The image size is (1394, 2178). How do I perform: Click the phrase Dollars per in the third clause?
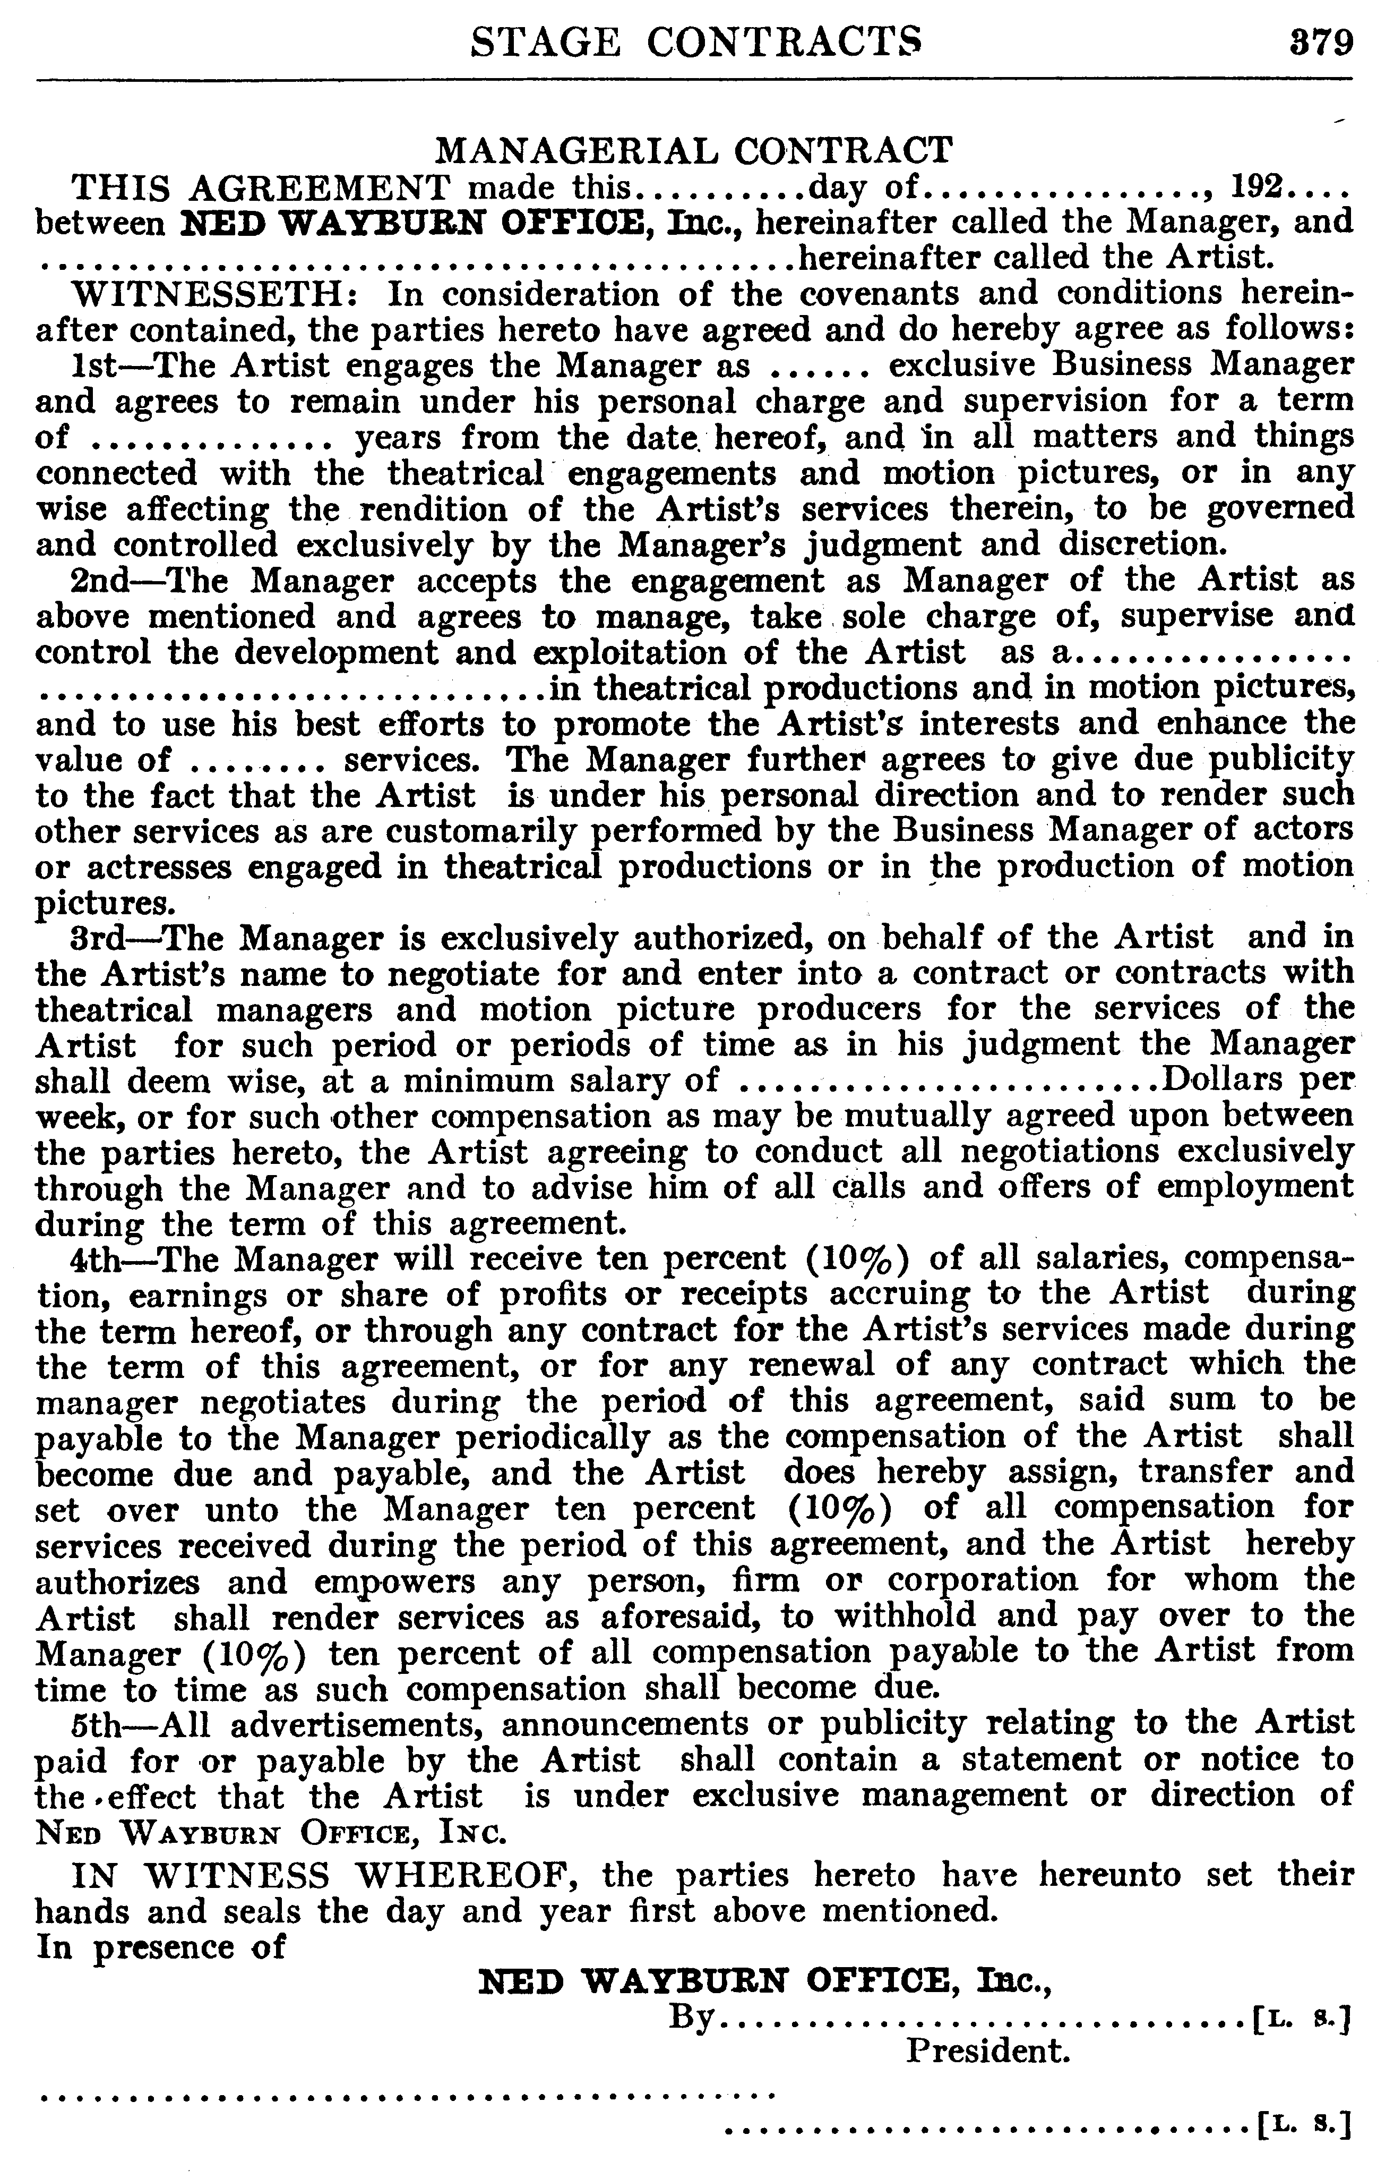[1257, 1081]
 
